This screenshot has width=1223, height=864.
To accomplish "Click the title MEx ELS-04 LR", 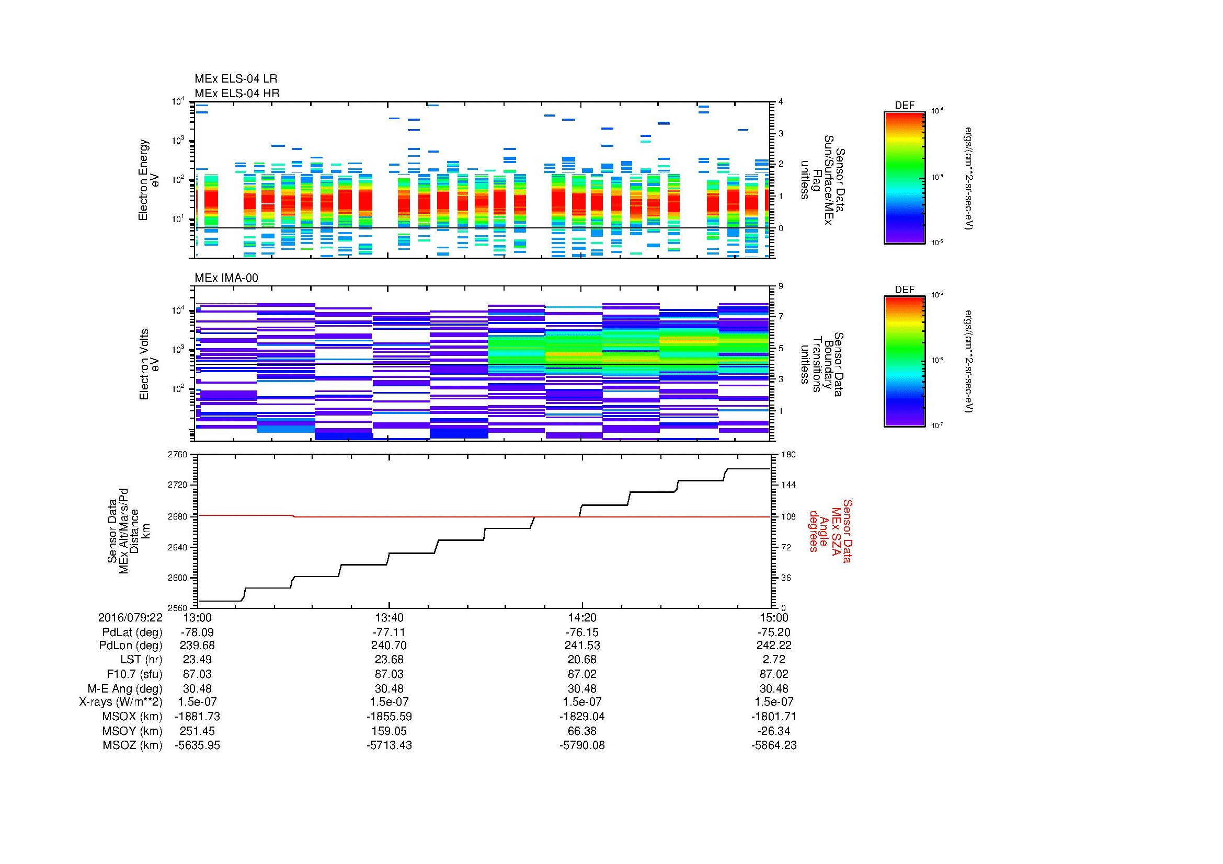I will click(236, 79).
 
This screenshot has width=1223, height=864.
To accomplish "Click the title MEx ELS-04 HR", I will click(237, 93).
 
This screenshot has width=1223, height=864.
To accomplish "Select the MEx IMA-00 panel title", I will click(226, 278).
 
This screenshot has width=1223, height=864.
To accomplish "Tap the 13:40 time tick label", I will click(390, 617).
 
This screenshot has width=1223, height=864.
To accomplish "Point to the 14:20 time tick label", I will click(581, 617).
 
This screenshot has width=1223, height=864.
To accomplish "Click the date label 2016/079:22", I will click(130, 617).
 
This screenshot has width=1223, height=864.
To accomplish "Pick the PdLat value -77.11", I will click(390, 632).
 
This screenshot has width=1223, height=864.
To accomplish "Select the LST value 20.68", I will click(581, 660).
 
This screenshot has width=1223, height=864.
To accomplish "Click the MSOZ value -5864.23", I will click(774, 745).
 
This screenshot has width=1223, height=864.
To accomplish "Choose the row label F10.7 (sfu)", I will click(134, 674).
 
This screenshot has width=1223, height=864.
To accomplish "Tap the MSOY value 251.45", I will click(198, 731).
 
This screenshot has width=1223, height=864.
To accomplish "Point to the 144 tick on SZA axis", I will click(788, 485).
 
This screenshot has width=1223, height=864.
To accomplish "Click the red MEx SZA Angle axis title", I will click(830, 531).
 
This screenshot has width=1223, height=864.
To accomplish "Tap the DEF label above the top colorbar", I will click(905, 106).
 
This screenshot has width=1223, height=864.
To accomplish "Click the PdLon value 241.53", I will click(581, 645).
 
